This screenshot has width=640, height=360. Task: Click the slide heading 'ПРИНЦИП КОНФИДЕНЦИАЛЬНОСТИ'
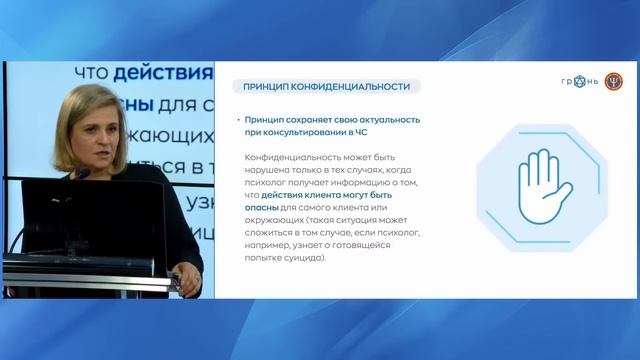[319, 86]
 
